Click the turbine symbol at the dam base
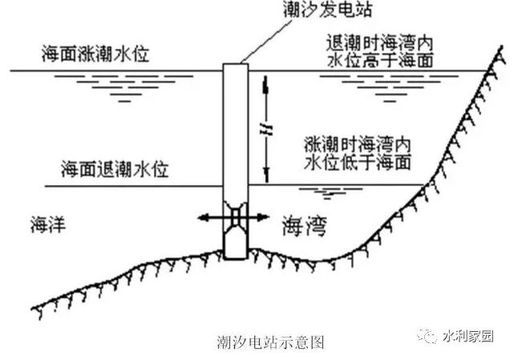(x=235, y=217)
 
